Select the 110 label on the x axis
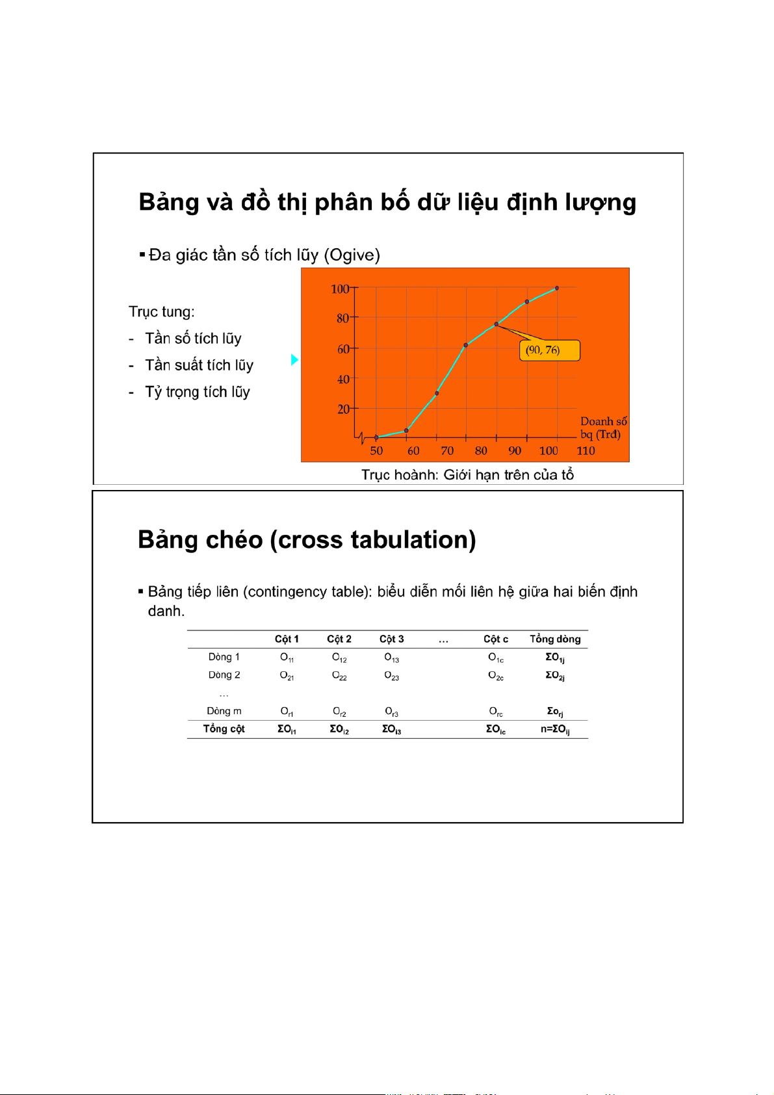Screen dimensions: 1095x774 click(586, 451)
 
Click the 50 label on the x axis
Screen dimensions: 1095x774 click(376, 451)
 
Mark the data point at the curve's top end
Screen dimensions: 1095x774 click(557, 288)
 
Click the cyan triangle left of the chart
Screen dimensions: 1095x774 click(294, 359)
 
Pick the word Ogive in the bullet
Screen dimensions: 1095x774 click(352, 255)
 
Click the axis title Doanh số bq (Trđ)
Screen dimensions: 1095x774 click(602, 428)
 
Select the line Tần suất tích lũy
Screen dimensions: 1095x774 click(199, 365)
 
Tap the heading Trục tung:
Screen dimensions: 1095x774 click(162, 312)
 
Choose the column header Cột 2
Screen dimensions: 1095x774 click(339, 639)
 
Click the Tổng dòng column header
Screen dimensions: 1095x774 click(555, 639)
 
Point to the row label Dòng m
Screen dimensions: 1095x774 click(224, 712)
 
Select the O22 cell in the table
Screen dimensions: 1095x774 click(339, 676)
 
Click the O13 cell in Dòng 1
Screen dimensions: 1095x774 click(391, 658)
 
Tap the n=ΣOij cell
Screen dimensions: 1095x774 click(555, 729)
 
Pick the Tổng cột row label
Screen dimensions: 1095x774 click(224, 729)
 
